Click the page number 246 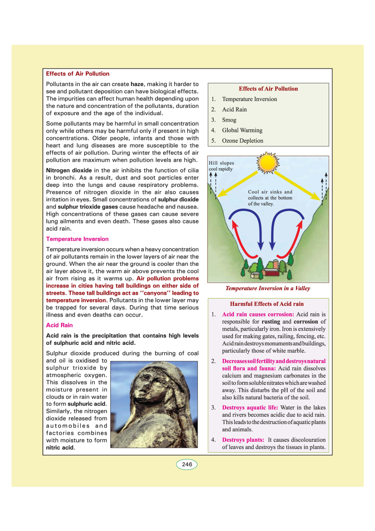(187, 464)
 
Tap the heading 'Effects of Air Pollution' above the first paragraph (77, 74)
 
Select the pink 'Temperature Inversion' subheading (77, 239)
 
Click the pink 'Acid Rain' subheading (59, 325)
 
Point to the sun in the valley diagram (268, 163)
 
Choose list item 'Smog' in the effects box (229, 120)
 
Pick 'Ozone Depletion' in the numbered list (242, 141)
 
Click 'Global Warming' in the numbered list (242, 130)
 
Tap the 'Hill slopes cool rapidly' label (221, 166)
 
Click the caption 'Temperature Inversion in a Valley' (268, 288)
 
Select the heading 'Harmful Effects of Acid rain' (267, 304)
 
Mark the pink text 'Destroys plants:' (243, 440)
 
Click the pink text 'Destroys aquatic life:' (250, 408)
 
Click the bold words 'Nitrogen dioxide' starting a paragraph (69, 171)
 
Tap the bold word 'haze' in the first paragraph (137, 84)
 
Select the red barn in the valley (271, 272)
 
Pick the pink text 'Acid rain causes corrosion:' (258, 314)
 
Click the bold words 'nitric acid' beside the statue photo (60, 448)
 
